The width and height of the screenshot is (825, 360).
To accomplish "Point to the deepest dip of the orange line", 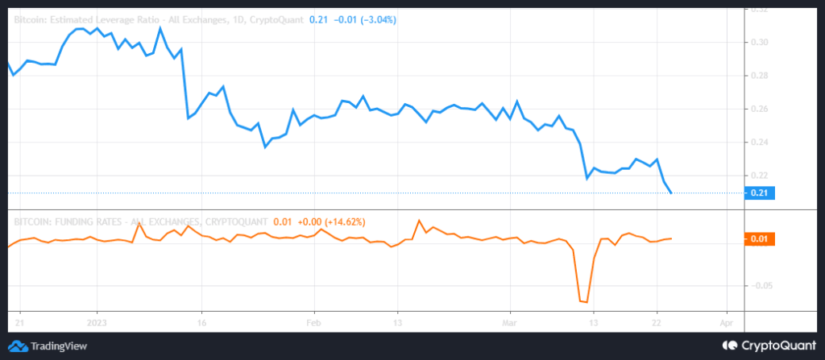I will (583, 302).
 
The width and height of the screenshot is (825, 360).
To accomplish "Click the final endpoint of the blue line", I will (671, 192).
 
